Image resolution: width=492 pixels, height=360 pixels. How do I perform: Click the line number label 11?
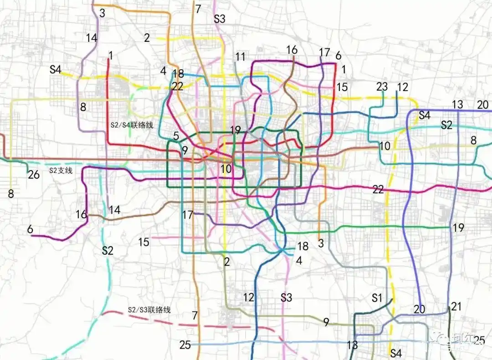[x=241, y=57]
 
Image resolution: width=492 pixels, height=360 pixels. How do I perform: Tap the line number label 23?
[x=382, y=86]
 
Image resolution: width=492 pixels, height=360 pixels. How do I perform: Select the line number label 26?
[x=34, y=174]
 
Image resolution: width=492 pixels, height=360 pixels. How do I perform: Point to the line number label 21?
[x=456, y=306]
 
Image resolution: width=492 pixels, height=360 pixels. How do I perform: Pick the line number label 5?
[x=176, y=136]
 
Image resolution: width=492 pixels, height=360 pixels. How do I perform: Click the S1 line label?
[x=377, y=298]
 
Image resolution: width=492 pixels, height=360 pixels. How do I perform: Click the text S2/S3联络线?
[x=149, y=310]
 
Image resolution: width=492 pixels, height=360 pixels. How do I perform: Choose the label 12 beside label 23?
[x=403, y=86]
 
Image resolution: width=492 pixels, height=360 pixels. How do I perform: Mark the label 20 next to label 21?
[x=420, y=309]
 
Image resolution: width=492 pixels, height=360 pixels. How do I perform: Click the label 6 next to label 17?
[x=338, y=56]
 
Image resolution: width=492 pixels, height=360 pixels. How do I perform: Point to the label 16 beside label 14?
[x=81, y=214]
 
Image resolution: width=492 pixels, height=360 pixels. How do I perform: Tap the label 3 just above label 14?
[x=102, y=13]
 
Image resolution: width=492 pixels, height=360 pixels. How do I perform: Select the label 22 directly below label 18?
[x=178, y=86]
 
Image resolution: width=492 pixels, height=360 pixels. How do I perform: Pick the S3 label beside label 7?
[x=220, y=19]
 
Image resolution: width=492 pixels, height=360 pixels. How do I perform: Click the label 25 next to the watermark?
[x=479, y=340]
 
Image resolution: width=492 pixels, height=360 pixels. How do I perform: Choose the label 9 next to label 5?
[x=184, y=150]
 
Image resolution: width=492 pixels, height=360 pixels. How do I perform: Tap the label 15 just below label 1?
[x=342, y=86]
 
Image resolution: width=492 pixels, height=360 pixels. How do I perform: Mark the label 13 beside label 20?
[x=458, y=105]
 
